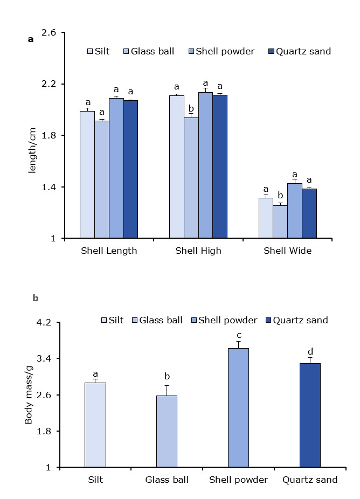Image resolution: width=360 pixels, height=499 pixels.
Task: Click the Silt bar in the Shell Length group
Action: point(87,175)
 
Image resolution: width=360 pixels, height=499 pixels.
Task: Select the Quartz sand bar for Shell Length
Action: point(130,169)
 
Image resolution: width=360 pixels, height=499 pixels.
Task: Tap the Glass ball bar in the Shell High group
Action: point(191,178)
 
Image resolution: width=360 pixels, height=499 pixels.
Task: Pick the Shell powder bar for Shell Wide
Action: point(294,211)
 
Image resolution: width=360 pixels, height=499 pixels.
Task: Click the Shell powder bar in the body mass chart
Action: point(238,408)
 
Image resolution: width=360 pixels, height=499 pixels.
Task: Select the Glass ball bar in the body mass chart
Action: point(167,431)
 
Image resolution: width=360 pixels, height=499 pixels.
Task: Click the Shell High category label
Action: point(198,251)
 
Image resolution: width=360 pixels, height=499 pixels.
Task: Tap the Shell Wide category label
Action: point(287,251)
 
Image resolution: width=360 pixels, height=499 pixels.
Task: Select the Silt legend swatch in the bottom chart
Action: point(105,321)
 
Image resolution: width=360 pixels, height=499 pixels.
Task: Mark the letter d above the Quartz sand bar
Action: point(310,352)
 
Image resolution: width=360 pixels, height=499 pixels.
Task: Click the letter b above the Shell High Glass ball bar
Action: point(191,108)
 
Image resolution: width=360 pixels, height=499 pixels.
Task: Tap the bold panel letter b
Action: point(36,298)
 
